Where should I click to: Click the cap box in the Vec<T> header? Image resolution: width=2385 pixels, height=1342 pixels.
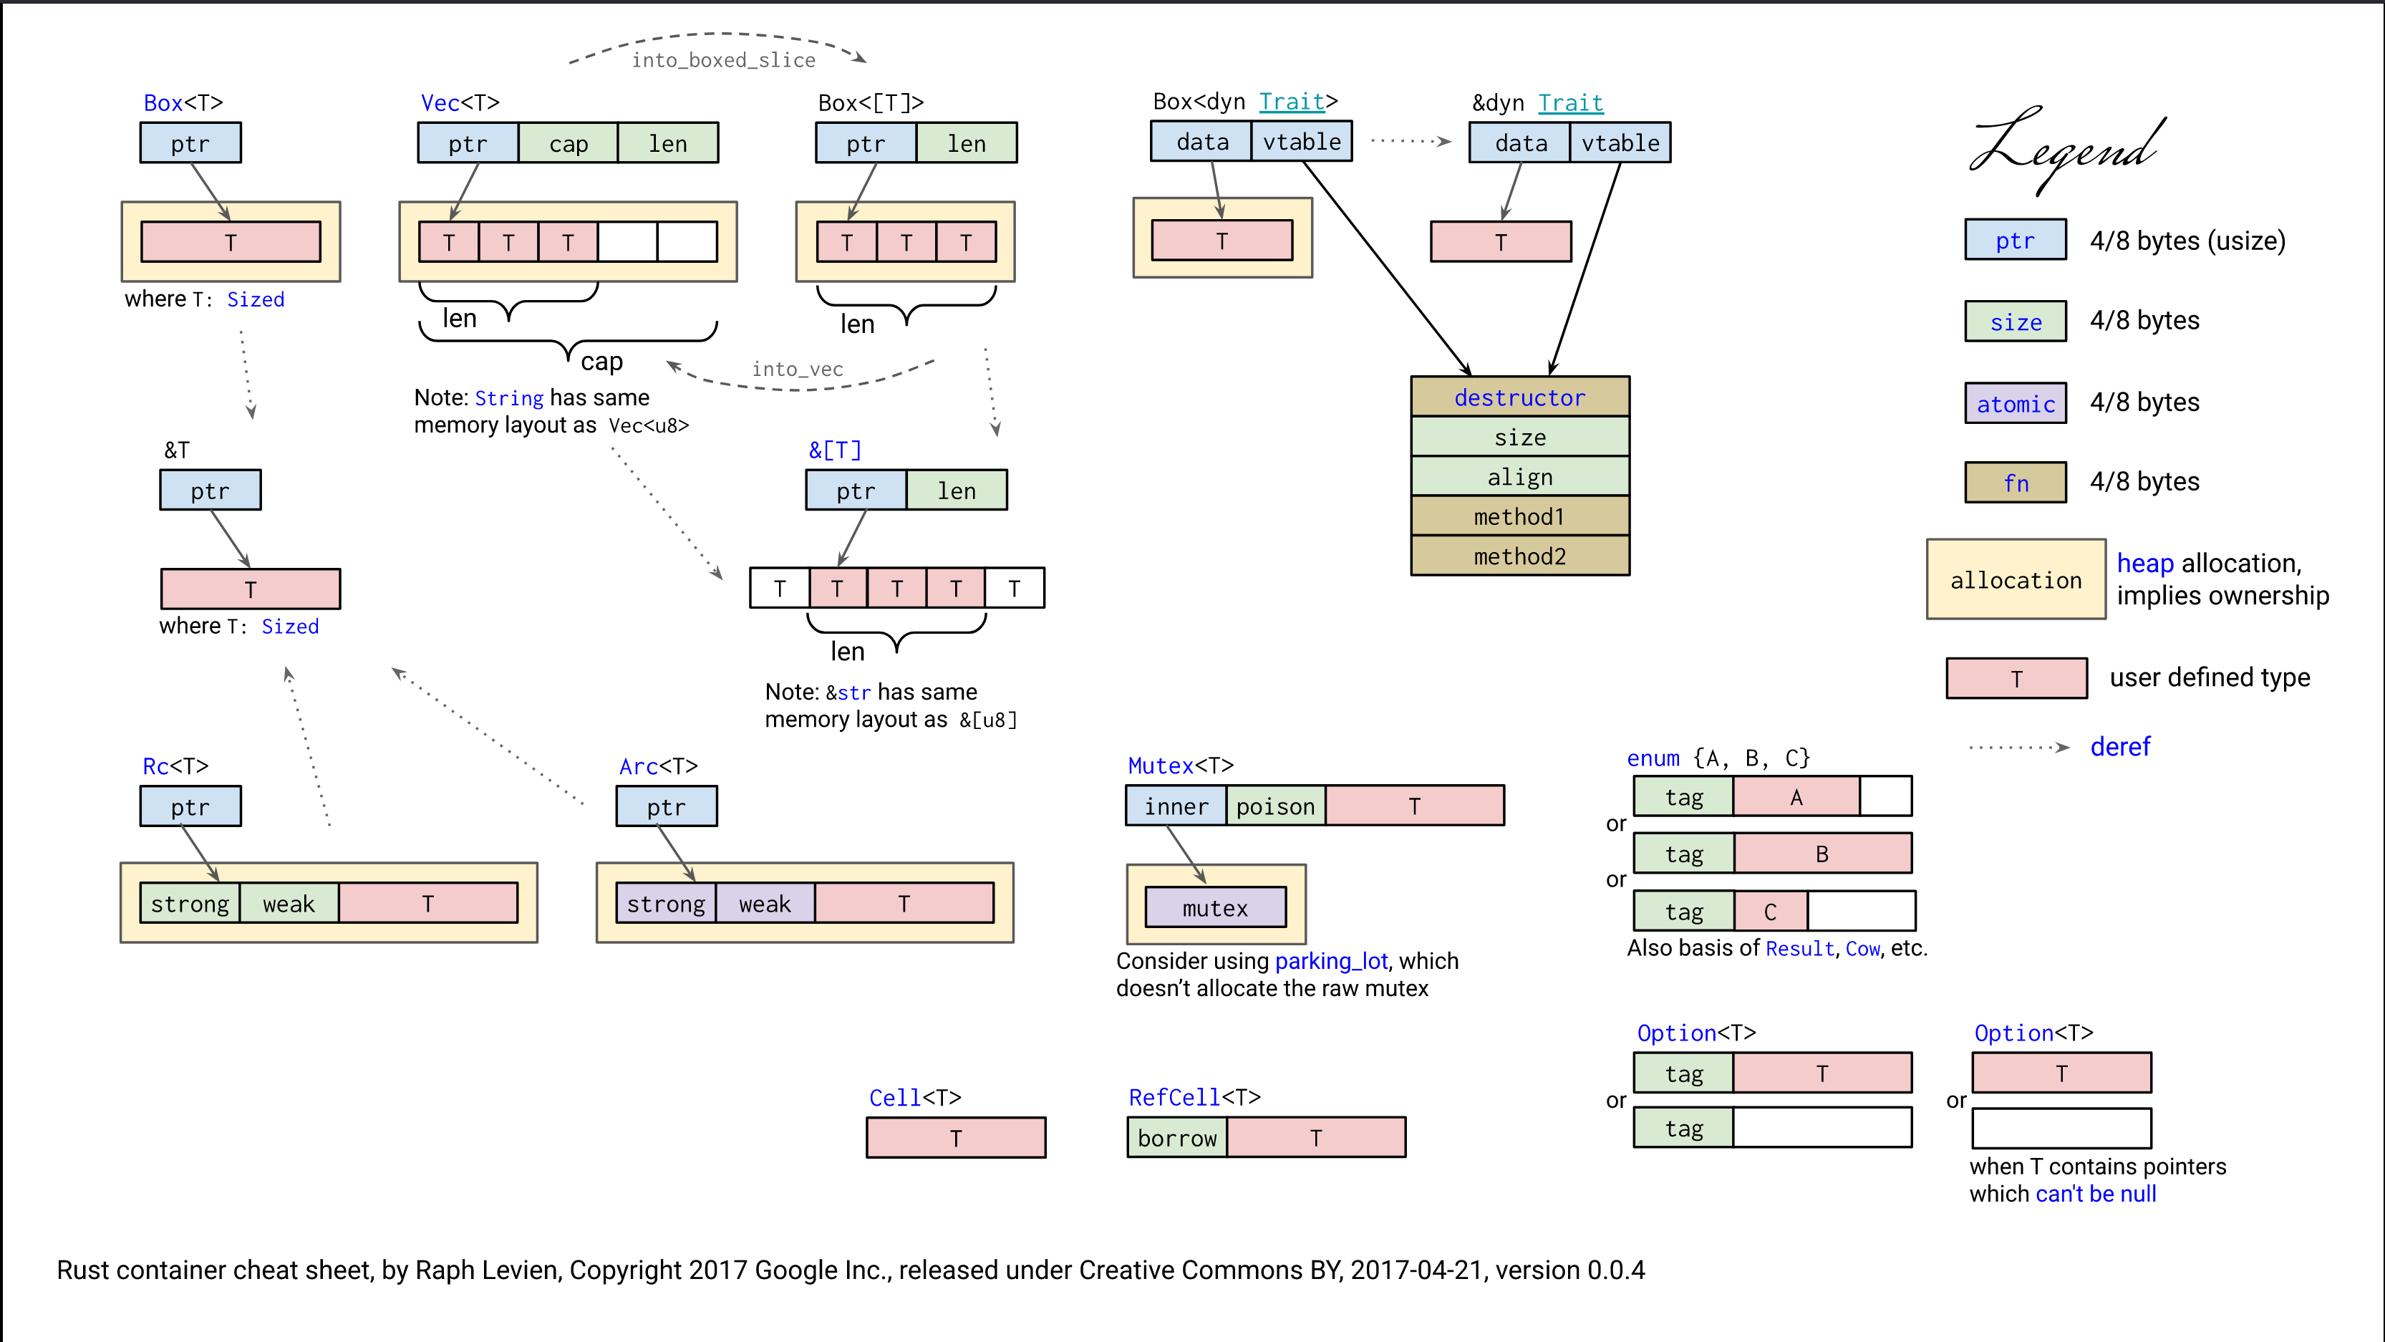(x=568, y=143)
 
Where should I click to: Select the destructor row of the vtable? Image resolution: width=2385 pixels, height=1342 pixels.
(x=1519, y=397)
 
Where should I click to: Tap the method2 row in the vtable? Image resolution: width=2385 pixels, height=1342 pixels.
(x=1519, y=556)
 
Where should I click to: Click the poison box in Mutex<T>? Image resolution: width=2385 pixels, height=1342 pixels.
(x=1275, y=806)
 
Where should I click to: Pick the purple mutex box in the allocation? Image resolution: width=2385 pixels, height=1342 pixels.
(x=1215, y=907)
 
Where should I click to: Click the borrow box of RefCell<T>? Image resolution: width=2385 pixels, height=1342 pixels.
(x=1177, y=1137)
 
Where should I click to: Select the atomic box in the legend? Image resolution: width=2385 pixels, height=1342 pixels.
(x=2015, y=404)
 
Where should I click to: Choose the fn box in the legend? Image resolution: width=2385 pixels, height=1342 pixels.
(x=2015, y=483)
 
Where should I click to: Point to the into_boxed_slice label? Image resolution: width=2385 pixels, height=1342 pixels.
(x=723, y=60)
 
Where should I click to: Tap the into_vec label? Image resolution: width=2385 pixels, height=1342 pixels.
(x=797, y=369)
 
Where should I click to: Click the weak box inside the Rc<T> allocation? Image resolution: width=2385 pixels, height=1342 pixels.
(x=289, y=903)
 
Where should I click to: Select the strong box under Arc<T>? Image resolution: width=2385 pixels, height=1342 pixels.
(x=666, y=903)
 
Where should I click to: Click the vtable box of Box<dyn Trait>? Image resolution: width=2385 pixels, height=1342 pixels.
(x=1301, y=142)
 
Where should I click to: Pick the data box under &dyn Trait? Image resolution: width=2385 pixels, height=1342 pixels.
(x=1520, y=143)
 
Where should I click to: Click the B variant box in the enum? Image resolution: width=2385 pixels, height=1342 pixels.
(x=1822, y=853)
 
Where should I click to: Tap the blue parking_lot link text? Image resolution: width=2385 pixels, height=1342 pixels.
(x=1330, y=960)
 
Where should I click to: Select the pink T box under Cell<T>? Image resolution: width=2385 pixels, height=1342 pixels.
(x=955, y=1137)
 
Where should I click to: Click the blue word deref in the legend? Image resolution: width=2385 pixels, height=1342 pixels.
(x=2119, y=746)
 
